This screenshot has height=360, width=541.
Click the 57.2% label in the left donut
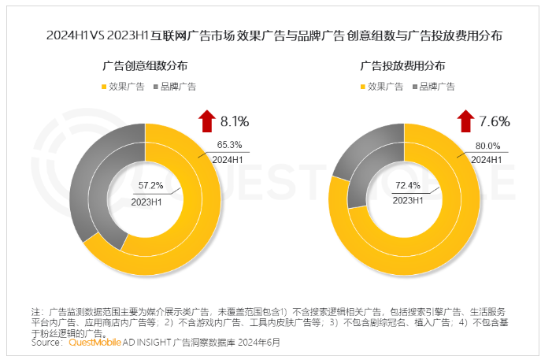[150, 186]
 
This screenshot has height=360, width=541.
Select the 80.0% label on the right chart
[487, 144]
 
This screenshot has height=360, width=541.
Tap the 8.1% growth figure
[234, 121]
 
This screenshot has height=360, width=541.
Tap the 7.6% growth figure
[495, 121]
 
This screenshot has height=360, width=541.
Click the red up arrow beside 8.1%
[206, 121]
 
